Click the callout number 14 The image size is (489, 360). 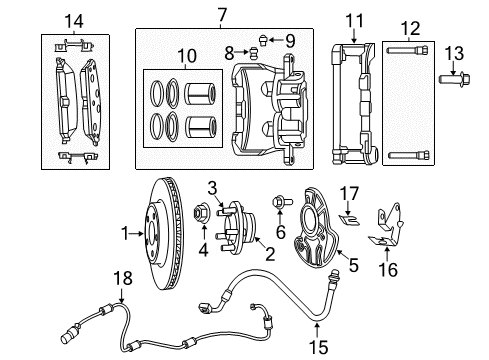click(x=73, y=21)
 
